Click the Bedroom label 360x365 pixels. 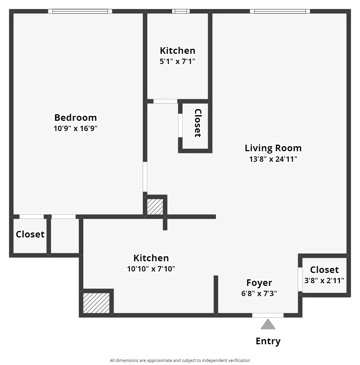(x=75, y=117)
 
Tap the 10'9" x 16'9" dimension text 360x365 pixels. (x=75, y=129)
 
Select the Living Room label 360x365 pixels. (x=273, y=148)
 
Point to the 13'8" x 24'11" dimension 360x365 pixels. (x=273, y=159)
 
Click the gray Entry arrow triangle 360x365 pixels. (x=268, y=324)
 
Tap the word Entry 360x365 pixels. (x=268, y=341)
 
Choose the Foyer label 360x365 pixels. (x=259, y=283)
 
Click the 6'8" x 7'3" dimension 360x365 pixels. (x=259, y=293)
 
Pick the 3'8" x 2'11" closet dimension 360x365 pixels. (x=324, y=281)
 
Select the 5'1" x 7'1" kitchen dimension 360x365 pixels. (x=177, y=62)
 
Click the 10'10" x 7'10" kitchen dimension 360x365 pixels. (x=151, y=269)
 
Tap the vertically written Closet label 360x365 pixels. (x=198, y=123)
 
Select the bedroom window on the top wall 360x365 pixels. (x=80, y=11)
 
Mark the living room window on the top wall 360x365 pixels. (x=280, y=11)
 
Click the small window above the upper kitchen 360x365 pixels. (x=181, y=11)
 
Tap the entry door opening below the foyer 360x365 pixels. (x=268, y=315)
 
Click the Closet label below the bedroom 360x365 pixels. (x=30, y=234)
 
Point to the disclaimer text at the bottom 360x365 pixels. (x=180, y=360)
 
